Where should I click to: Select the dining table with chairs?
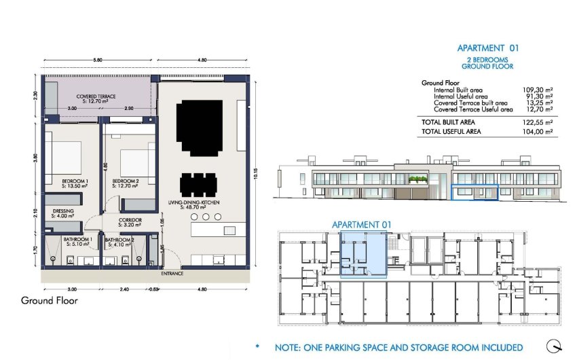199,184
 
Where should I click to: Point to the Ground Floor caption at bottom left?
49,300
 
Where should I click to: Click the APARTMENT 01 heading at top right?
487,48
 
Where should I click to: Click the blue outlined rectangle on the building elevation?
475,192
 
